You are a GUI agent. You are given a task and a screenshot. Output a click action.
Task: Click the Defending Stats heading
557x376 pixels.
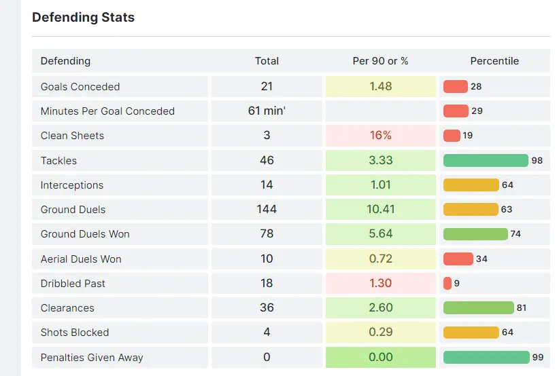pyautogui.click(x=83, y=18)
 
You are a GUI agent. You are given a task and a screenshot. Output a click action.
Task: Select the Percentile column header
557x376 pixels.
pyautogui.click(x=494, y=61)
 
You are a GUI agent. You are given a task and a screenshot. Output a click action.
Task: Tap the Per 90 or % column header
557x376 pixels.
pyautogui.click(x=380, y=61)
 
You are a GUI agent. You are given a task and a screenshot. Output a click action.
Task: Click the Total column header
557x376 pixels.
pyautogui.click(x=267, y=61)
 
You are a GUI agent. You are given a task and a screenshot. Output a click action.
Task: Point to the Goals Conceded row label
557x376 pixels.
pyautogui.click(x=80, y=87)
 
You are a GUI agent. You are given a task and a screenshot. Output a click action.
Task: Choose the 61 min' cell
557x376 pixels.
pyautogui.click(x=267, y=111)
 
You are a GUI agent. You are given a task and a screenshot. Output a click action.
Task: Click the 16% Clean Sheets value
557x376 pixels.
pyautogui.click(x=380, y=136)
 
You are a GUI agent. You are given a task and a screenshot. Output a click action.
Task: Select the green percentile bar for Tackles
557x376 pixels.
pyautogui.click(x=486, y=160)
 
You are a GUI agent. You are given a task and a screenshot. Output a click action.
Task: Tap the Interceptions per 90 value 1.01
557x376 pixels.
pyautogui.click(x=380, y=185)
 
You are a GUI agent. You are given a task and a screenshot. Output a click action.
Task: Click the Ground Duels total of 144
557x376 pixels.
pyautogui.click(x=267, y=210)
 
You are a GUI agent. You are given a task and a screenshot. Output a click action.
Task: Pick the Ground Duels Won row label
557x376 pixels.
pyautogui.click(x=85, y=234)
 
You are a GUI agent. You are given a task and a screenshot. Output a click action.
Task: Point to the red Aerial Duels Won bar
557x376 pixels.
pyautogui.click(x=458, y=259)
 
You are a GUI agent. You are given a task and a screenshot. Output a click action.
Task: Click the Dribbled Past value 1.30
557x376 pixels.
pyautogui.click(x=380, y=284)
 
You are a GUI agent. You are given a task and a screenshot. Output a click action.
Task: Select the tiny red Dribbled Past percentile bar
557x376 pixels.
pyautogui.click(x=448, y=284)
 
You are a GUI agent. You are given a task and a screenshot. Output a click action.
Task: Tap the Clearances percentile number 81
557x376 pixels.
pyautogui.click(x=522, y=308)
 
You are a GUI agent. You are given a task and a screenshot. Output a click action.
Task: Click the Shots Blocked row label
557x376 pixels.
pyautogui.click(x=75, y=333)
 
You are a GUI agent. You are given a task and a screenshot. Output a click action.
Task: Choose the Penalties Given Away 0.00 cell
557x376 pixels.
pyautogui.click(x=380, y=358)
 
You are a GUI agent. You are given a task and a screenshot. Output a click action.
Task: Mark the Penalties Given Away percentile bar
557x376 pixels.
pyautogui.click(x=486, y=358)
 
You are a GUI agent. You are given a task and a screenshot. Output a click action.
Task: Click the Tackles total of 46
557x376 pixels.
pyautogui.click(x=267, y=160)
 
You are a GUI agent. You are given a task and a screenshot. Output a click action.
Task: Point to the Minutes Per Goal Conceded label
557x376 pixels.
pyautogui.click(x=107, y=111)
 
